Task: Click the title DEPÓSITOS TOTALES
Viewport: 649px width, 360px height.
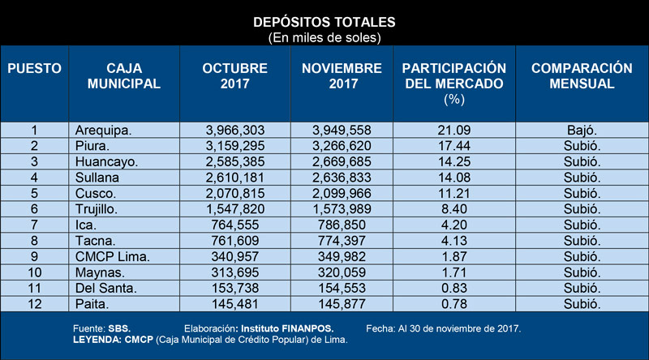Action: point(324,22)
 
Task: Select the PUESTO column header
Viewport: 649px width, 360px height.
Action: point(34,68)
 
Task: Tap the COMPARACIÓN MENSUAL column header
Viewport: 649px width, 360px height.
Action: point(582,75)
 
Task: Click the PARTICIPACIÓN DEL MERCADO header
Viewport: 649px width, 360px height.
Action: point(454,84)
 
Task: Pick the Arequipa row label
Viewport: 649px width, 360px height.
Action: point(103,131)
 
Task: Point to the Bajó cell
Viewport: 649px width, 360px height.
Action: point(582,131)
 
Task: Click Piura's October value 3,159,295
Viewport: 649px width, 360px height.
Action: point(235,146)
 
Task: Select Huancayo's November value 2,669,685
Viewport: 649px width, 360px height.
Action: point(342,162)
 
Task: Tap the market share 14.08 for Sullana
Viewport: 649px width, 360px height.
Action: point(454,178)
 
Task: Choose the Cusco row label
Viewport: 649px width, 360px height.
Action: point(96,193)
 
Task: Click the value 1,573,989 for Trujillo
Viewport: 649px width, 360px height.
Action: point(342,209)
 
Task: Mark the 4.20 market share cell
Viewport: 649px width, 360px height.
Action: point(454,225)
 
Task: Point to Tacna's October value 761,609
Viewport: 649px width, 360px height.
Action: point(235,241)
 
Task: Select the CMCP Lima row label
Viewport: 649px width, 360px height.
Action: point(112,256)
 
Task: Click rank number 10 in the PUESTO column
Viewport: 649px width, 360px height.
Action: point(34,272)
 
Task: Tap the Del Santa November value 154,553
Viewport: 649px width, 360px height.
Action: point(342,288)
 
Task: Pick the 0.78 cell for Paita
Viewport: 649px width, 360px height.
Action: point(454,304)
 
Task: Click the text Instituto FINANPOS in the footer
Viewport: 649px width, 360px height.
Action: point(287,328)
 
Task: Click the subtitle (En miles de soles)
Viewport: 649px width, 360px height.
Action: point(324,38)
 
